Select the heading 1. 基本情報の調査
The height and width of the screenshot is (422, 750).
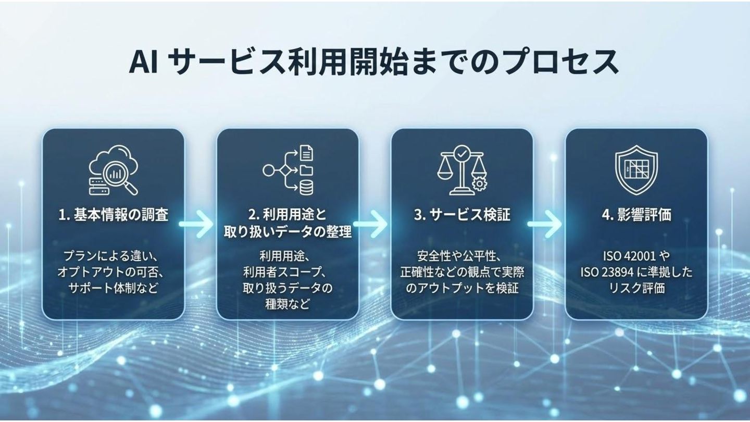pyautogui.click(x=114, y=215)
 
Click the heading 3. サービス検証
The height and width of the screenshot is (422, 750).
pyautogui.click(x=462, y=215)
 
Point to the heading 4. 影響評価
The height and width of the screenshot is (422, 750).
pyautogui.click(x=636, y=215)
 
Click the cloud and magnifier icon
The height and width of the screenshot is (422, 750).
pyautogui.click(x=114, y=170)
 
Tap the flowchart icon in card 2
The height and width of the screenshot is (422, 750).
pyautogui.click(x=288, y=170)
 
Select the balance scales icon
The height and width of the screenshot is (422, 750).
pyautogui.click(x=461, y=170)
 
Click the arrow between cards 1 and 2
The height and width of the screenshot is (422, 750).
pyautogui.click(x=196, y=225)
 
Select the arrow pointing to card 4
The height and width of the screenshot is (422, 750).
pyautogui.click(x=545, y=225)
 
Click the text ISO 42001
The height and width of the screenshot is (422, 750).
pyautogui.click(x=624, y=256)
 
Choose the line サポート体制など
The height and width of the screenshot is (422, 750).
pyautogui.click(x=113, y=288)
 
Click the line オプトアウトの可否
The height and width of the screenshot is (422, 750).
pyautogui.click(x=113, y=272)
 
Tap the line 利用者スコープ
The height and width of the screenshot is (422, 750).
pyautogui.click(x=287, y=272)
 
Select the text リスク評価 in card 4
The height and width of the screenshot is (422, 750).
pyautogui.click(x=636, y=288)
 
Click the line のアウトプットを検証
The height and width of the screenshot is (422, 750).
pyautogui.click(x=461, y=288)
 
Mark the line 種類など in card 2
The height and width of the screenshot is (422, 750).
pyautogui.click(x=287, y=303)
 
